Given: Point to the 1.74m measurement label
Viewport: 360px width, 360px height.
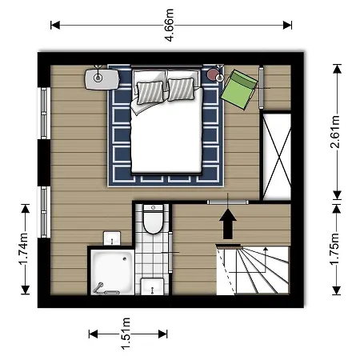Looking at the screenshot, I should point(23,250).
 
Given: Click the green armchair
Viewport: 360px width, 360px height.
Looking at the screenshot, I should point(242,86).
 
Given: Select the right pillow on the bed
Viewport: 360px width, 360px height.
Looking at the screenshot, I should point(182,87).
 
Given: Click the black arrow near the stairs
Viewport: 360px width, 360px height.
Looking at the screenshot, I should point(228,223).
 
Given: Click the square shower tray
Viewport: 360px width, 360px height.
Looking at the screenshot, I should point(112,272).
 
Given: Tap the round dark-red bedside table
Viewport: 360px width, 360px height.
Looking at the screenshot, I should point(214,75).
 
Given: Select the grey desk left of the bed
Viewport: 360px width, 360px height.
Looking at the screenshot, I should point(101,77).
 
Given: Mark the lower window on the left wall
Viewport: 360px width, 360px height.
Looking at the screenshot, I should point(45,210).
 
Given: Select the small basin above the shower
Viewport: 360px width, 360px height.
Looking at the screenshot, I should point(111,238).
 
